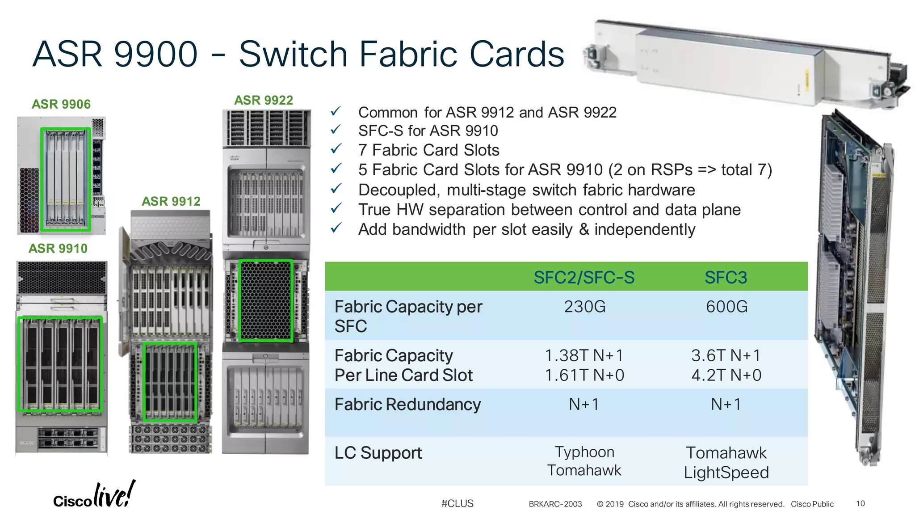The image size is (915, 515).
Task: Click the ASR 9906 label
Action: pos(61,104)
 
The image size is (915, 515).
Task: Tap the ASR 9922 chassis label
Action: pos(264,100)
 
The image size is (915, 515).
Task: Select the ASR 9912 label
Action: pos(171,201)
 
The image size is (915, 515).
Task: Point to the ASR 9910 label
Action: pos(58,248)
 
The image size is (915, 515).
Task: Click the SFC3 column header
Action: pos(726,277)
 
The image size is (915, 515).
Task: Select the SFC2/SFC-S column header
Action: pos(584,277)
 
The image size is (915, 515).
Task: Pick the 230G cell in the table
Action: pos(584,307)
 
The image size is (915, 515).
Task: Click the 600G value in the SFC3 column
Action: pos(726,307)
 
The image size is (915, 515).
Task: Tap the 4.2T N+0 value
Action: pos(726,375)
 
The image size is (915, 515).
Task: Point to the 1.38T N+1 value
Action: pos(584,355)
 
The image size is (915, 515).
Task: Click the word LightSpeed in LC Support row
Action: pos(726,473)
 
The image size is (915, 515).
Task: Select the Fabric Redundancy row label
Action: pos(407,404)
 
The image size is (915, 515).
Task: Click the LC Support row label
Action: pos(378,453)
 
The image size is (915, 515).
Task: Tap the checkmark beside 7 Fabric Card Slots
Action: pos(336,149)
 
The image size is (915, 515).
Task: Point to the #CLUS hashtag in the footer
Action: pos(457,503)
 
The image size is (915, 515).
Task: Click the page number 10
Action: pos(860,503)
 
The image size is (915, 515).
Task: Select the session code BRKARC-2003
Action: pos(555,504)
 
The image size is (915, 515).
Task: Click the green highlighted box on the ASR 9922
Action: pos(266,301)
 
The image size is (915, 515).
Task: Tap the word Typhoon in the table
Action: pos(584,452)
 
